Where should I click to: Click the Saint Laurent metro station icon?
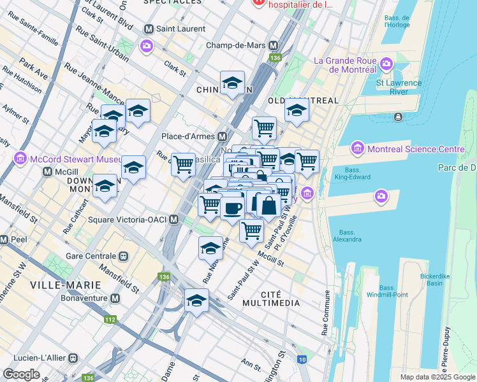tap(149, 29)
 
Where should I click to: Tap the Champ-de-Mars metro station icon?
tap(274, 46)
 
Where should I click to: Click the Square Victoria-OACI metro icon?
tap(173, 220)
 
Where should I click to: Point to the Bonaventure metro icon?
tap(115, 298)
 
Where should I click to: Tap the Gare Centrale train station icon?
tap(123, 256)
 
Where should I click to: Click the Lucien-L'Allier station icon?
tap(73, 358)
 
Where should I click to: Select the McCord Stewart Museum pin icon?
tap(20, 157)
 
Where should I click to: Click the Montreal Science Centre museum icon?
tap(357, 149)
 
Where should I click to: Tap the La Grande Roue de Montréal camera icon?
tap(386, 63)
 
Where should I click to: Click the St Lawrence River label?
tap(399, 87)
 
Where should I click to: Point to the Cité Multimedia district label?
tap(271, 298)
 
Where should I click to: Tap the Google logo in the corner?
tap(21, 374)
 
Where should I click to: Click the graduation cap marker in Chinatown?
tap(232, 83)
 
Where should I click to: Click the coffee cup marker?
tap(233, 207)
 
